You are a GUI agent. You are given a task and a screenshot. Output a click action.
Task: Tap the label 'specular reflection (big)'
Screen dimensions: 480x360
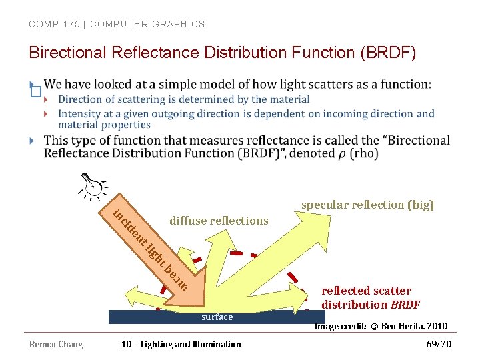click(x=367, y=205)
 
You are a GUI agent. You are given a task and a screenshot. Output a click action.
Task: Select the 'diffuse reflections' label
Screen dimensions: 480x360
click(x=219, y=221)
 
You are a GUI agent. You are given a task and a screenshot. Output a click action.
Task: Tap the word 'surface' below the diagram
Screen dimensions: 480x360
click(x=217, y=317)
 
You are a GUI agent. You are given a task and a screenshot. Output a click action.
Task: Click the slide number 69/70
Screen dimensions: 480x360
click(x=439, y=344)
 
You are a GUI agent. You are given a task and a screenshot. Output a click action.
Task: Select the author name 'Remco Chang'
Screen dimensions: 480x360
click(x=56, y=344)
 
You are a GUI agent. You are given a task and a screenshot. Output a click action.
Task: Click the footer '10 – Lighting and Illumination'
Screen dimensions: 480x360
click(x=181, y=344)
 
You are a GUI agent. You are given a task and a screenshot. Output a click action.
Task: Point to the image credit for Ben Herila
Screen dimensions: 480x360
click(x=381, y=326)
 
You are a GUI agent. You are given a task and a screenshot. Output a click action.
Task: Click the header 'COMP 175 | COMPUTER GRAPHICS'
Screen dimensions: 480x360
click(x=117, y=24)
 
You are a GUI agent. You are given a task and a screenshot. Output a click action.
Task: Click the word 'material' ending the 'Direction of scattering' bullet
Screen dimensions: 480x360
click(x=289, y=99)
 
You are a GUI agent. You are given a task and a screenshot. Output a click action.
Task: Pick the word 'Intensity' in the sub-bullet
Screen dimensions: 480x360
click(x=79, y=113)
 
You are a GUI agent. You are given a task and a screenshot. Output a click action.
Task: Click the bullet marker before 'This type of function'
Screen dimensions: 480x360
click(x=33, y=141)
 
